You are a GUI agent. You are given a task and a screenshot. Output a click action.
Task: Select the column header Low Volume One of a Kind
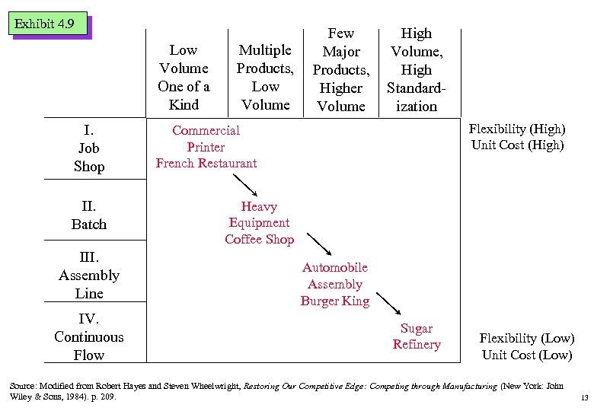(183, 78)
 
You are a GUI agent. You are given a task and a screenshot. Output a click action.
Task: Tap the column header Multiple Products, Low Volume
(265, 78)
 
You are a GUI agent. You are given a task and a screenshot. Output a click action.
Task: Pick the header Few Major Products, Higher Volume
(341, 70)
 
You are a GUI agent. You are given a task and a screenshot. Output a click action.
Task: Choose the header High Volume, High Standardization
(417, 70)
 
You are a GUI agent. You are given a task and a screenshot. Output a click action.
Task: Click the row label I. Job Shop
(89, 148)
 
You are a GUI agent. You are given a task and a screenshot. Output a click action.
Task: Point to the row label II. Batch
(89, 215)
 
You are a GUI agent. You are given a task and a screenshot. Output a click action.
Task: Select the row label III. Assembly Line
(89, 275)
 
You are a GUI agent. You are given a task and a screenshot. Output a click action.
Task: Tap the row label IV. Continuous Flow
(89, 336)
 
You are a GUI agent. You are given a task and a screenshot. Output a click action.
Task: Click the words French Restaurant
(206, 163)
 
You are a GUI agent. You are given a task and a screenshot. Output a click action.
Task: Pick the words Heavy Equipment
(259, 215)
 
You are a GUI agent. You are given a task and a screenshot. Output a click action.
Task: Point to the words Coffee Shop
(259, 239)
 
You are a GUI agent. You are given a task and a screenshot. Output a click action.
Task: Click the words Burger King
(335, 301)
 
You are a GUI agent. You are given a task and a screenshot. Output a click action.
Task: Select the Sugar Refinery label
(417, 336)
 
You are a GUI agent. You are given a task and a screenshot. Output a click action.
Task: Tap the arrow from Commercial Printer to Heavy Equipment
(246, 186)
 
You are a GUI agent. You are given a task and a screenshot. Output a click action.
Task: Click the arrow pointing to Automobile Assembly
(318, 244)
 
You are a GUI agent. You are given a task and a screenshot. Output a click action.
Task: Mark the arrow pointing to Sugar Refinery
(389, 303)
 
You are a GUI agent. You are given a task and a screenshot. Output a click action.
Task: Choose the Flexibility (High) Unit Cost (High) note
(517, 138)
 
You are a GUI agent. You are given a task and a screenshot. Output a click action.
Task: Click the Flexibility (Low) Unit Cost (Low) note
(527, 346)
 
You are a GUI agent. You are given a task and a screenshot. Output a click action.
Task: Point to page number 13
(584, 398)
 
